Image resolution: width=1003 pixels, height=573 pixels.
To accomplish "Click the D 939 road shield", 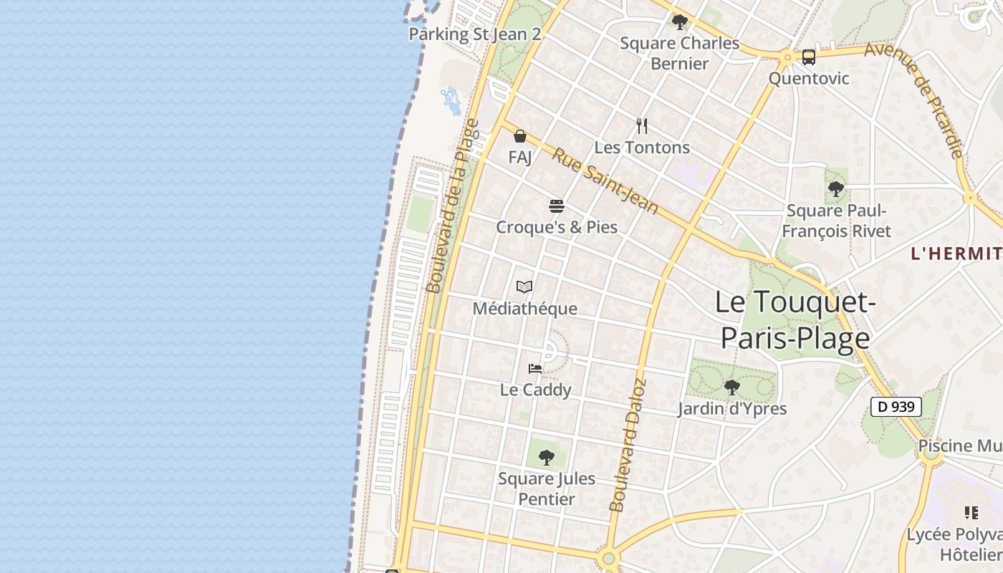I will (x=896, y=407).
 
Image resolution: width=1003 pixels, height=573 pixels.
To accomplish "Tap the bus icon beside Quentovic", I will (x=809, y=57).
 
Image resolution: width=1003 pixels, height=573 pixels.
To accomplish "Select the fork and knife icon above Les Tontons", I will (x=642, y=126).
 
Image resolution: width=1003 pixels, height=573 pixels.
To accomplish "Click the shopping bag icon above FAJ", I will (x=520, y=136).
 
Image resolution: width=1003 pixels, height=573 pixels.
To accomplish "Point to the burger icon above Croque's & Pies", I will (x=557, y=206).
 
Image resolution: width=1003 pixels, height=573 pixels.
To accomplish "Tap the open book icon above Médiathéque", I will (x=524, y=287).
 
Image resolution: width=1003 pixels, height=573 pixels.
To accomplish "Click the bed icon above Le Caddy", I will (x=535, y=369).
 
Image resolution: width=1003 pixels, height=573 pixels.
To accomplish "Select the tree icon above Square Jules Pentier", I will (x=547, y=457).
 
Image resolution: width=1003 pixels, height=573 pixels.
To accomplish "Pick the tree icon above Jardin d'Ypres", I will (x=731, y=387).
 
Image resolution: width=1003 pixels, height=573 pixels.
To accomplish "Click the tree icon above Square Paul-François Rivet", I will (x=835, y=190).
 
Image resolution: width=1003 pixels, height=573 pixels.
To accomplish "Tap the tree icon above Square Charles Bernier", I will (x=679, y=22).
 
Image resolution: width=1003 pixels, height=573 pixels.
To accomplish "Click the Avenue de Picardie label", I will (x=914, y=100).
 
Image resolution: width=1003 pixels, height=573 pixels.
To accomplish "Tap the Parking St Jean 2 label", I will (x=474, y=34).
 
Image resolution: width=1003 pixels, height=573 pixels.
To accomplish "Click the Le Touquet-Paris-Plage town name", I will (x=795, y=319).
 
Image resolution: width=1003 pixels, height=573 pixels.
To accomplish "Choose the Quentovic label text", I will (x=809, y=78).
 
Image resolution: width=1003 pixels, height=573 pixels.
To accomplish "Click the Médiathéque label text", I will (x=525, y=309).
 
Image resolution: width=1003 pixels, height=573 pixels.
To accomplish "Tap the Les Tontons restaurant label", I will (x=642, y=148).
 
